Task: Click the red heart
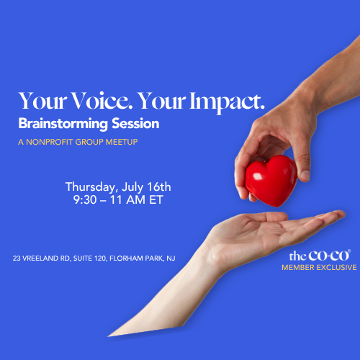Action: (271, 181)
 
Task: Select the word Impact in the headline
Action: (227, 102)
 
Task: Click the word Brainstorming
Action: (63, 125)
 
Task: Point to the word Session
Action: (135, 124)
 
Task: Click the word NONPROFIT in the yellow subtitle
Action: (50, 142)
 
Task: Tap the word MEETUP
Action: (122, 142)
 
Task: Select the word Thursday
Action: (91, 187)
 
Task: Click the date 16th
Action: (159, 186)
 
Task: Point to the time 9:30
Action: (85, 200)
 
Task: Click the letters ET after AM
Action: (156, 200)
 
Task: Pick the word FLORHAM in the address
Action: (123, 258)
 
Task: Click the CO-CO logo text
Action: (329, 256)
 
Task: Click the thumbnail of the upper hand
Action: (305, 175)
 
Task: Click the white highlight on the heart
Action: (258, 176)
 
